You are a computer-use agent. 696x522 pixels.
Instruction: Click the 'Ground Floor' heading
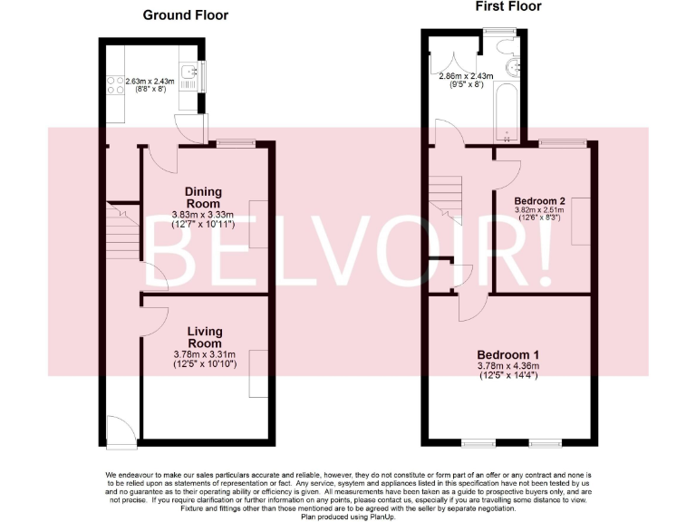click(186, 15)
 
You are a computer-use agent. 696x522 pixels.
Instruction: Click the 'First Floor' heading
click(507, 6)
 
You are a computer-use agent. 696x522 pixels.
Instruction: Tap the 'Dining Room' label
click(202, 198)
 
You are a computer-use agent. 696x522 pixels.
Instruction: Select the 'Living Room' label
click(204, 337)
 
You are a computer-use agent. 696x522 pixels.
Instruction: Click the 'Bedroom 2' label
click(539, 200)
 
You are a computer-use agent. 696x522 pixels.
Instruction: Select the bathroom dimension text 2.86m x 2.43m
click(467, 76)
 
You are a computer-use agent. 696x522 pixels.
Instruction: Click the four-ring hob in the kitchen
click(117, 84)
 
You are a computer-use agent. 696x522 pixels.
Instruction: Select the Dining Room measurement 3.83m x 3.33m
click(204, 215)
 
